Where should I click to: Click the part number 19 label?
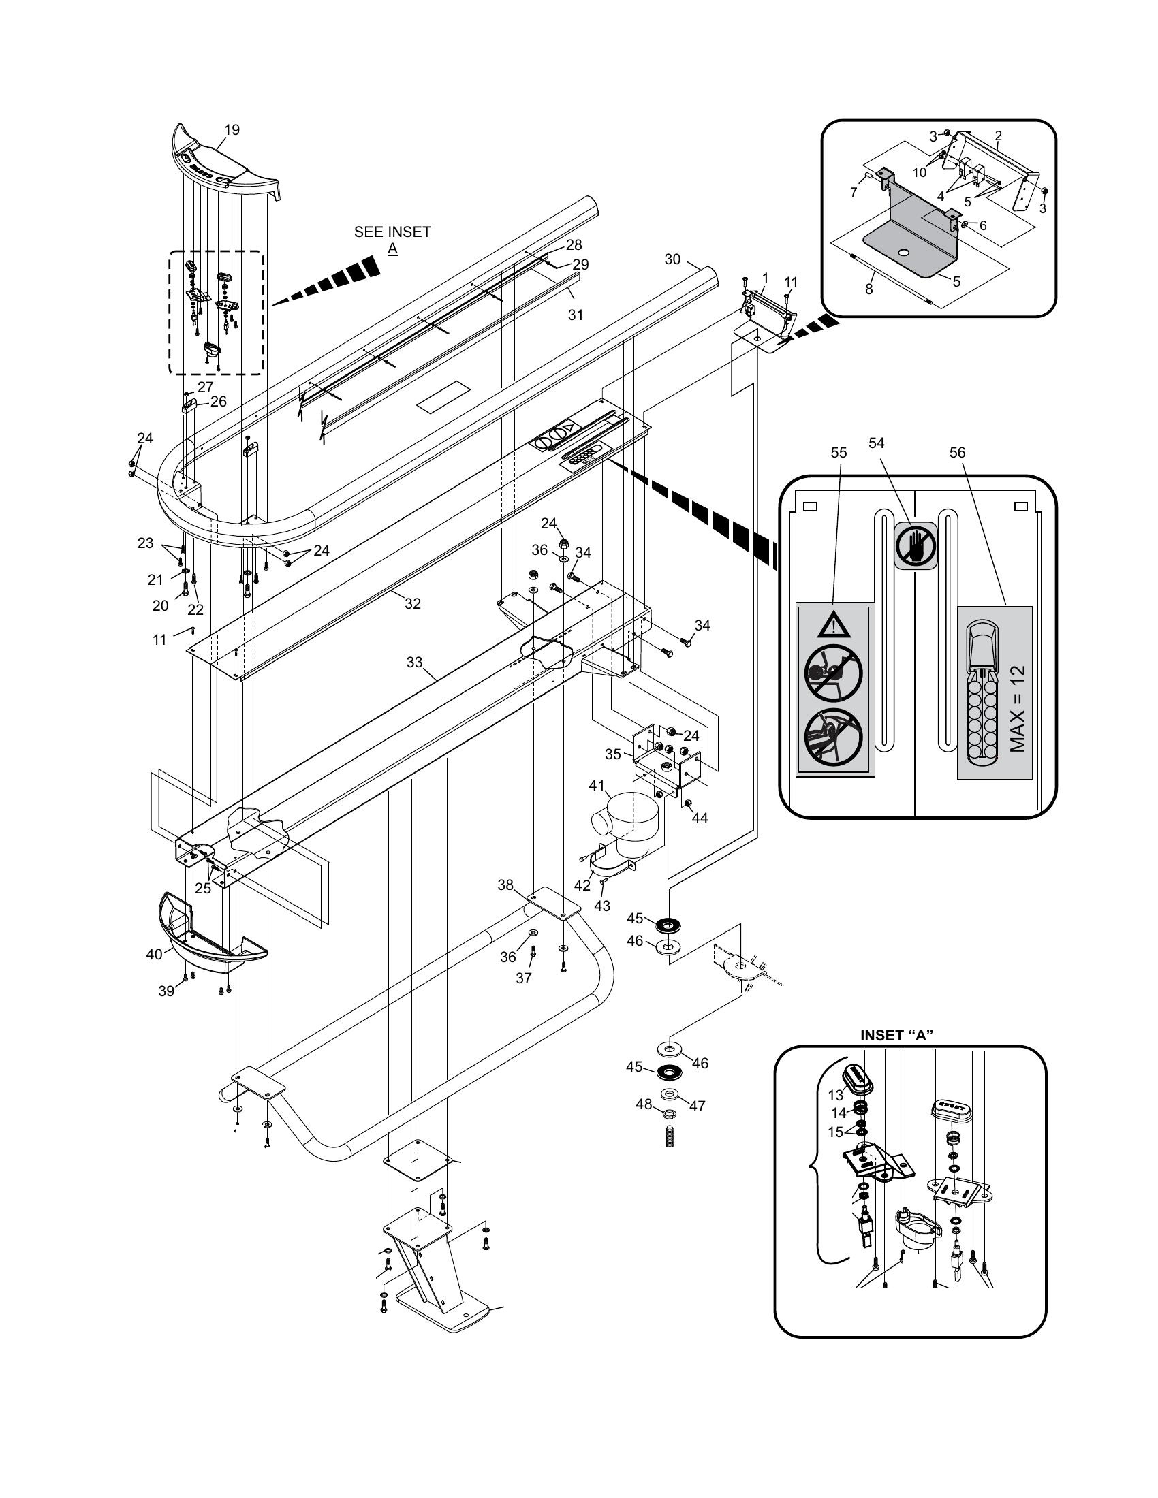coord(232,129)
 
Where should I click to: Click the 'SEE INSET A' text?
coord(392,240)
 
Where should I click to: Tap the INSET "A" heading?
coord(896,1036)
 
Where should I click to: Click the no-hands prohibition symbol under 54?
coord(915,545)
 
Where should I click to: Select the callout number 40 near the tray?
coord(155,953)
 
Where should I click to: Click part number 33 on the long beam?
coord(414,662)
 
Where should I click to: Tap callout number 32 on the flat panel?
coord(412,603)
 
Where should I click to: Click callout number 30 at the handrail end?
coord(672,259)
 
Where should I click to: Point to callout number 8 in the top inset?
coord(868,289)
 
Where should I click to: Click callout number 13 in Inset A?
coord(835,1096)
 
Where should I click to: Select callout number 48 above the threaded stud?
coord(644,1104)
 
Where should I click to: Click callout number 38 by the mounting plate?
coord(505,885)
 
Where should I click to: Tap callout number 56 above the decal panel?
coord(957,452)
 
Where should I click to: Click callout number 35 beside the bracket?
coord(612,754)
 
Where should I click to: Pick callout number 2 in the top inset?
coord(998,135)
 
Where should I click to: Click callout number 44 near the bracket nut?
coord(700,818)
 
